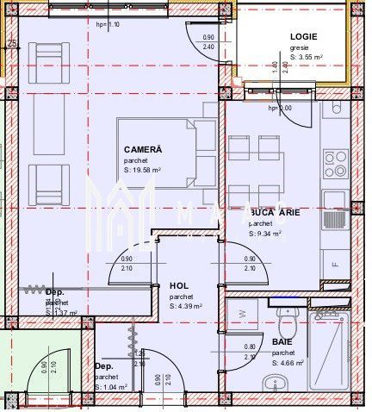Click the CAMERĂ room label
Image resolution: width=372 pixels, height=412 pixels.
click(142, 148)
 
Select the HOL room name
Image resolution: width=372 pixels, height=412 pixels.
click(178, 285)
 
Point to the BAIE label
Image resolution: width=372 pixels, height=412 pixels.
click(284, 342)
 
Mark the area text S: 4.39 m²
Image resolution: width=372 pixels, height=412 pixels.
click(185, 306)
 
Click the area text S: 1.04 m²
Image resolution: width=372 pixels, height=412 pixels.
click(110, 387)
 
